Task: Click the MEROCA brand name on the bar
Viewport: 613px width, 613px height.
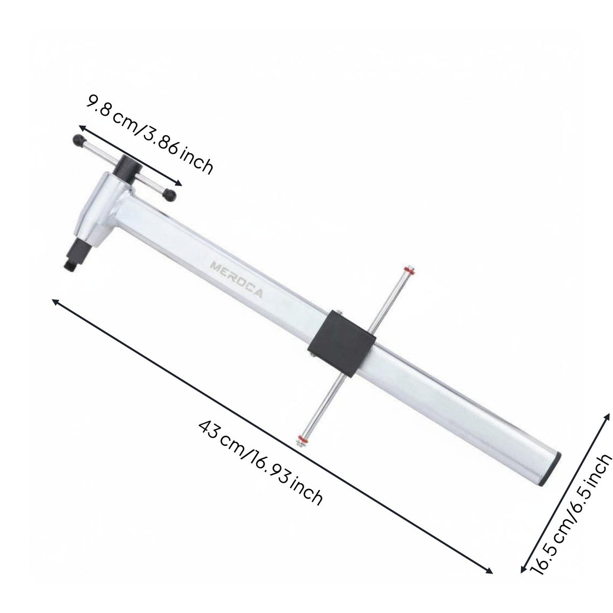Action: (237, 279)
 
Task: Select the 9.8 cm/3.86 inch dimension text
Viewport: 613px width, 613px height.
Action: (150, 134)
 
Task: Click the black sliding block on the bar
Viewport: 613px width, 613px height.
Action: (342, 343)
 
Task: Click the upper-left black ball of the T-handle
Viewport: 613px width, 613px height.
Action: (79, 140)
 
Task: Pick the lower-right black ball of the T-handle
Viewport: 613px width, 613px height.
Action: (170, 195)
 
